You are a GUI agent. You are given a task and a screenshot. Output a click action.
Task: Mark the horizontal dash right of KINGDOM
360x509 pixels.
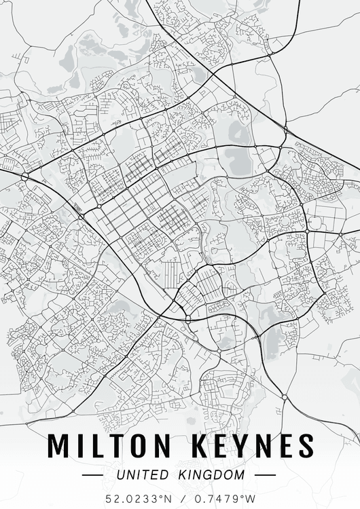[265, 475]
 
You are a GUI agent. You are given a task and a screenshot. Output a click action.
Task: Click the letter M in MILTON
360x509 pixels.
[60, 445]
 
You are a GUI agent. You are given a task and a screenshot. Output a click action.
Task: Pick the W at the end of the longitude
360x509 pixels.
[251, 498]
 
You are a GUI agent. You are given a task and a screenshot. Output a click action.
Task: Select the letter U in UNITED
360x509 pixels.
[120, 475]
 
